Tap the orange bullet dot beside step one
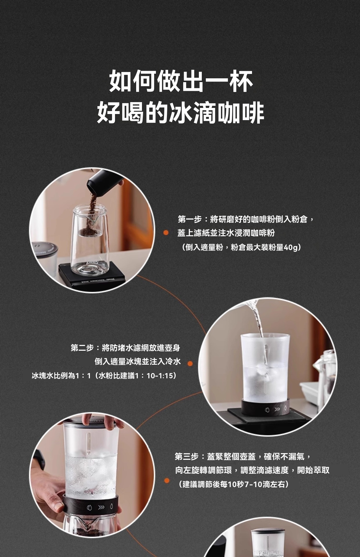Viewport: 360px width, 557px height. pos(166,233)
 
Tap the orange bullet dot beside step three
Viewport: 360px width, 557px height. pos(167,481)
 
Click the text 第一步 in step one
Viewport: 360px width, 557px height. pos(190,219)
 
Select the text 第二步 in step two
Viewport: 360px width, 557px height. pos(82,348)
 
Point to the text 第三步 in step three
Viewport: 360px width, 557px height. pos(187,457)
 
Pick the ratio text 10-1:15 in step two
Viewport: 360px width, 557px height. pos(160,376)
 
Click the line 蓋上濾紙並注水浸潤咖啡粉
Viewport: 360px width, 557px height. pos(226,233)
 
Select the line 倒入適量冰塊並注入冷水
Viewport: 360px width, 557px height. pos(138,361)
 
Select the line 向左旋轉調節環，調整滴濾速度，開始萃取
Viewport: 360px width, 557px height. pos(252,470)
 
